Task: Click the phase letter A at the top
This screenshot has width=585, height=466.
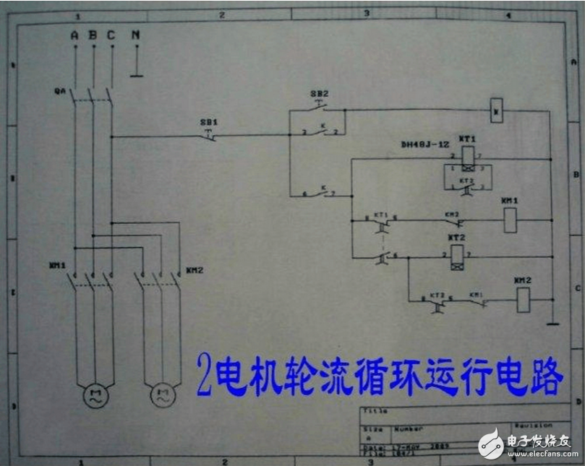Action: coord(74,35)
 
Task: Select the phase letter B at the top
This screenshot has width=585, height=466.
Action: coord(93,35)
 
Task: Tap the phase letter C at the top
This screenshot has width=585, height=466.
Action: coord(111,35)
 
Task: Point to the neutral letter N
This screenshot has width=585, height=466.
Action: coord(135,35)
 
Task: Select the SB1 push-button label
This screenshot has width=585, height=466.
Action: coord(208,123)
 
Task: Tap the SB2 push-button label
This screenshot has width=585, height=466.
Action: coord(319,94)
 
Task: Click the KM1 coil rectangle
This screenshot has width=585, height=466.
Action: coord(510,220)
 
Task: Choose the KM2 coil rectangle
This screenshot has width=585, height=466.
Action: coord(523,299)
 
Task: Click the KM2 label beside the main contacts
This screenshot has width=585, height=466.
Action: coord(194,270)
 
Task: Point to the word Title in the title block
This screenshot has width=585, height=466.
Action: coord(372,411)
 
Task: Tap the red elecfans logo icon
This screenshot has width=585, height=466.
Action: coord(491,441)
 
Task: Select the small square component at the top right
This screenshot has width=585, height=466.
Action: coord(496,110)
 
